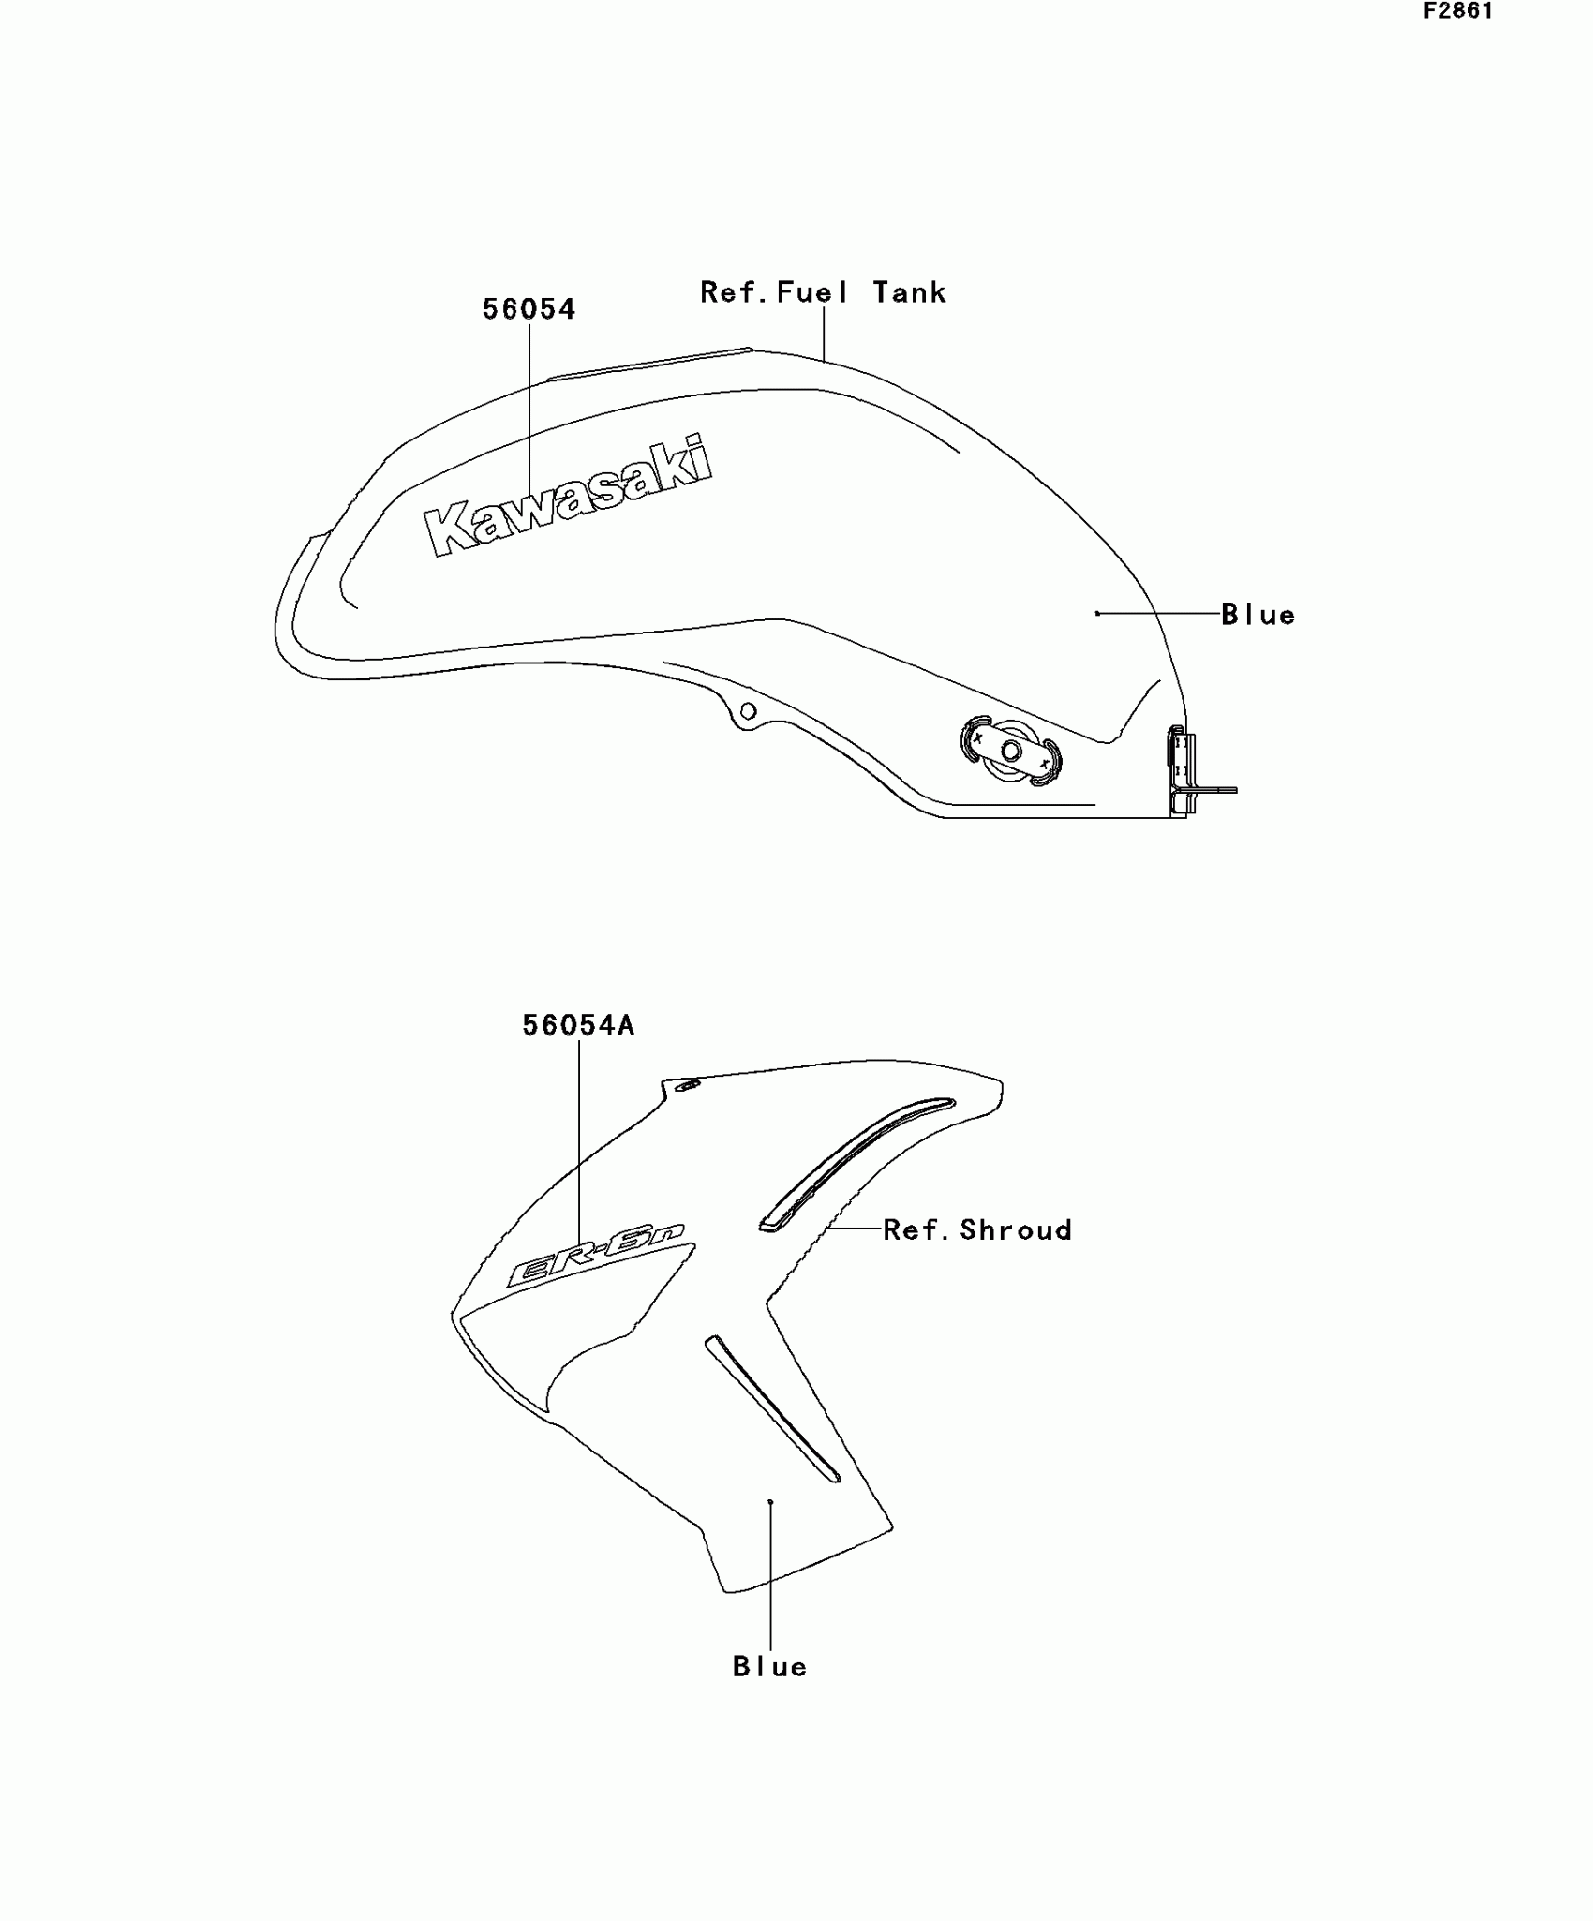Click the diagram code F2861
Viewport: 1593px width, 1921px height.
1458,12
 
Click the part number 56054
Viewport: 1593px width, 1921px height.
529,309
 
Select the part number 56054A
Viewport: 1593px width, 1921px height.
578,1026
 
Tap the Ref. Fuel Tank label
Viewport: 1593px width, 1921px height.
823,293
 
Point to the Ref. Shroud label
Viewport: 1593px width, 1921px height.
977,1229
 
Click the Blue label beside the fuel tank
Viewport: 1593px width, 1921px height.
1258,616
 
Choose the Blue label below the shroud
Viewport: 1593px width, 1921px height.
769,1667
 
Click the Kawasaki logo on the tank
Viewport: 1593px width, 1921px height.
568,497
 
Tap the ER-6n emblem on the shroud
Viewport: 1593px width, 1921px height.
596,1257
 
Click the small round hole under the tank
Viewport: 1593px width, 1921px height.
748,711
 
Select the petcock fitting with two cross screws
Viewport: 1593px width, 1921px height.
1010,751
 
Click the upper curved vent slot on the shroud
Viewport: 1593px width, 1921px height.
853,1162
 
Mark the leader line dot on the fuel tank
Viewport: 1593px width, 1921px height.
1097,614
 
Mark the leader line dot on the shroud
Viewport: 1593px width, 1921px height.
770,1502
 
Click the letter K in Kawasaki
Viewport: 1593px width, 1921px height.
450,529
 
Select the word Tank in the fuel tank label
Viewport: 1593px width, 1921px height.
909,293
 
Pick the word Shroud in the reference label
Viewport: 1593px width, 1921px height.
1016,1229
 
